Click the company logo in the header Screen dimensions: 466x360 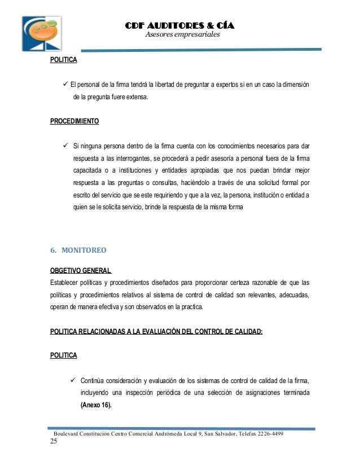[42, 34]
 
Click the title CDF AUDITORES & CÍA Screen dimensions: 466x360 [179, 25]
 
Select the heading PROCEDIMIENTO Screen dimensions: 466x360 [74, 121]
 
